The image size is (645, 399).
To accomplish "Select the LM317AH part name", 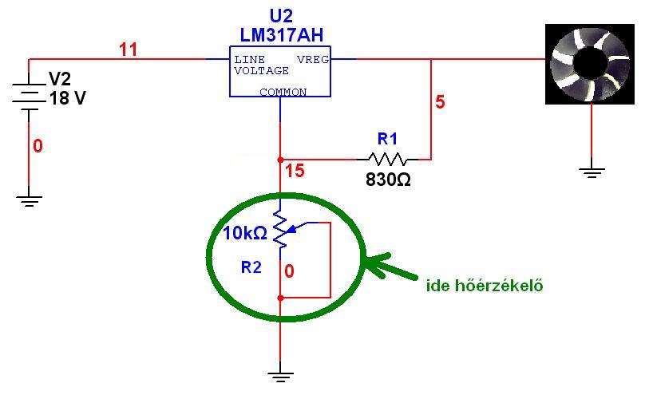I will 282,34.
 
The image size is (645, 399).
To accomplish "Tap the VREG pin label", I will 312,60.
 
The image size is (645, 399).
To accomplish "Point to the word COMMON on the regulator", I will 283,93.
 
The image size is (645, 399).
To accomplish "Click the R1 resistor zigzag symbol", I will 387,159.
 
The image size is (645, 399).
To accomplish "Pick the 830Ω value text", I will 388,180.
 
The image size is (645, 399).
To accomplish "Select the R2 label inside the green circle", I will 251,268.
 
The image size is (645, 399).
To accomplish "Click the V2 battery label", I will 61,79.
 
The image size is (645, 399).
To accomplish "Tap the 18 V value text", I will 67,98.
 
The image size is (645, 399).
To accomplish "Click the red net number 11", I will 128,49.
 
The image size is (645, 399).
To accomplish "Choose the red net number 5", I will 440,102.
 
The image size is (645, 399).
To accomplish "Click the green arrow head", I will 372,263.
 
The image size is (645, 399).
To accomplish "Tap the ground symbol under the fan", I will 592,171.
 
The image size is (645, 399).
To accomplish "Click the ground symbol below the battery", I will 30,199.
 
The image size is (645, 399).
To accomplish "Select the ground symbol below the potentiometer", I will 280,373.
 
